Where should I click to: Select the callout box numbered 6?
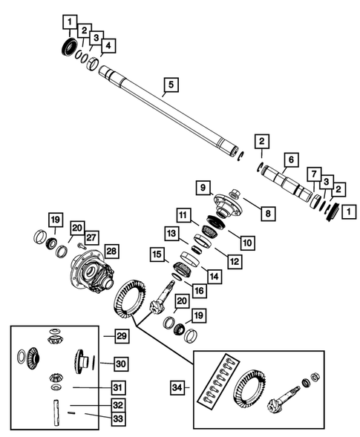pyautogui.click(x=291, y=159)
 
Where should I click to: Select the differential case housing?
pyautogui.click(x=90, y=273)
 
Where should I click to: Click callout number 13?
pyautogui.click(x=171, y=234)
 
